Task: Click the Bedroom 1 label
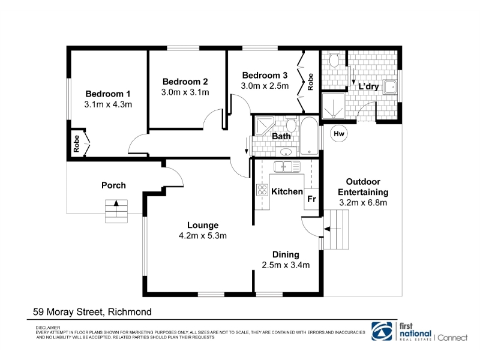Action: pos(108,94)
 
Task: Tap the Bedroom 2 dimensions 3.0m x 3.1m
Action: pos(185,92)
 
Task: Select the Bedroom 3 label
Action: pos(265,76)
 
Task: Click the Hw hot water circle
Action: pos(339,134)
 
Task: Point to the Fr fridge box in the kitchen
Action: pos(311,199)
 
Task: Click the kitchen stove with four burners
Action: pos(262,190)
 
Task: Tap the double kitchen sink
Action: pos(287,167)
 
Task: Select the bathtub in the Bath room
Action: pos(309,136)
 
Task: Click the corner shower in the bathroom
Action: pos(265,126)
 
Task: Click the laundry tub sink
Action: pos(391,87)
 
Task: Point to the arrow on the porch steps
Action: pos(116,208)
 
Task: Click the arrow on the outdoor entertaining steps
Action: pos(332,229)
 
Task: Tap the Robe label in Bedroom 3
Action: pos(310,82)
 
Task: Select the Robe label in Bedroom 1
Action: pos(77,143)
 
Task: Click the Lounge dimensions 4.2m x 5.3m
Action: pos(203,236)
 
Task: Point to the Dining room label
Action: pos(286,254)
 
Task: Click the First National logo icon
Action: pos(382,331)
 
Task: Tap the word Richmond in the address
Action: pos(130,312)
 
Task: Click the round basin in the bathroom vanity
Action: pos(286,152)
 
